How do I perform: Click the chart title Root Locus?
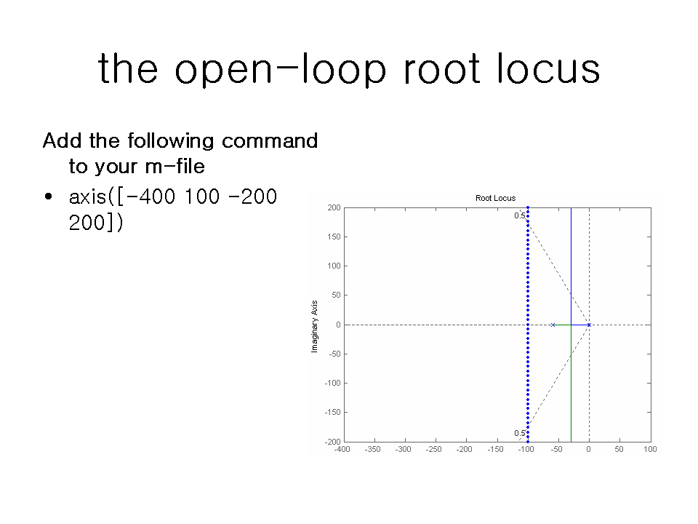click(495, 198)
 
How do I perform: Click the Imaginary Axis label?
click(314, 327)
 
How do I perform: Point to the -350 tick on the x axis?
click(372, 449)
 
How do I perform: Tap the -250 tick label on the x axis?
click(433, 449)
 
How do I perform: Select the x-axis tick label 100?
click(650, 449)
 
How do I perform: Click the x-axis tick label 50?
click(619, 449)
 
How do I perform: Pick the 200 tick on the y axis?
click(334, 207)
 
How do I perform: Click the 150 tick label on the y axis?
click(334, 237)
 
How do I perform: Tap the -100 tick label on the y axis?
click(332, 384)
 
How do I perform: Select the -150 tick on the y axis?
click(332, 412)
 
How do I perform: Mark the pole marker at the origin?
click(589, 325)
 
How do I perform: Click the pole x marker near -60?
click(553, 325)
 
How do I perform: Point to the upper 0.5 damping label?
click(519, 215)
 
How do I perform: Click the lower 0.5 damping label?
click(519, 433)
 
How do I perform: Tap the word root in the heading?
click(441, 70)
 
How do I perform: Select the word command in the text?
click(270, 140)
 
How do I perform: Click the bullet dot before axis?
click(49, 196)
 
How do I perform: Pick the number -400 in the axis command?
click(151, 196)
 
